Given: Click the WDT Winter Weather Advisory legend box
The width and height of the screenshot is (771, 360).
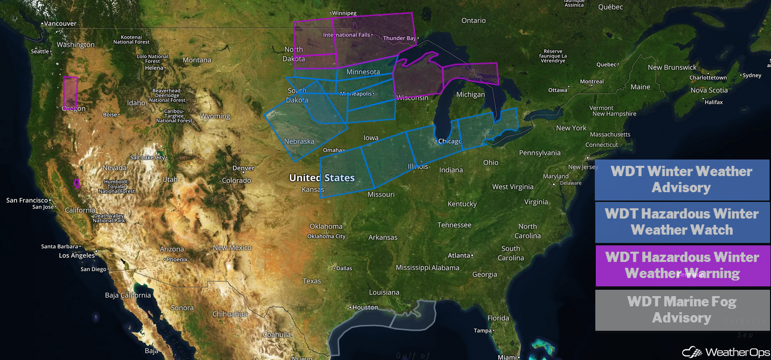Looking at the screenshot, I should (x=682, y=180).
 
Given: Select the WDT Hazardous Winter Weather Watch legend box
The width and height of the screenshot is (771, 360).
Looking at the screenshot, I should (x=682, y=222).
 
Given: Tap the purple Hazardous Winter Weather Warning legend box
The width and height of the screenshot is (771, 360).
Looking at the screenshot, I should (x=682, y=265).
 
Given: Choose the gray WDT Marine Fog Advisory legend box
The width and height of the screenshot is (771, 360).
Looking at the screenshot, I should (x=682, y=310).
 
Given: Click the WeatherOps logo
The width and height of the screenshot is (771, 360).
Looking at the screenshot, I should (x=726, y=352).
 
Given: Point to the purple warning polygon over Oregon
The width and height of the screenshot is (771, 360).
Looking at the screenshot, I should (x=70, y=93).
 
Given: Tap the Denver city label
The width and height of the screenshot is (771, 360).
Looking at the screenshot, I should (x=243, y=168).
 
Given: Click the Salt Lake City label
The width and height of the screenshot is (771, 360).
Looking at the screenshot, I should (x=148, y=158).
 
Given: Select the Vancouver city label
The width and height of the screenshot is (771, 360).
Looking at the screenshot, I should (x=60, y=23).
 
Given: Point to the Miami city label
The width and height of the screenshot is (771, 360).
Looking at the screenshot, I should (x=507, y=357).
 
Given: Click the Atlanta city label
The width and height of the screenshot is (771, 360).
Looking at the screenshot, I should (x=459, y=255).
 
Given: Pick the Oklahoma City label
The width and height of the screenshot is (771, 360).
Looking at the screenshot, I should (x=326, y=236).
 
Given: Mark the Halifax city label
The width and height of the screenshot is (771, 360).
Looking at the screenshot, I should (x=713, y=102).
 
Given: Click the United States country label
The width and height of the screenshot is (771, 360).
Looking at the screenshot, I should (x=322, y=178).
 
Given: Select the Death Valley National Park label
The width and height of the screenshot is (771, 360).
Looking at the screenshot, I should (x=109, y=218).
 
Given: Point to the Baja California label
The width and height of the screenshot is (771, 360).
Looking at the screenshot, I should (x=128, y=295).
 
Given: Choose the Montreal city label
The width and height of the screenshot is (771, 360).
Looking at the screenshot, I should (x=591, y=81).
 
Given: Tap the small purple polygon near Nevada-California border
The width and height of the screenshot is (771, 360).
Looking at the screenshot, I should (x=77, y=183).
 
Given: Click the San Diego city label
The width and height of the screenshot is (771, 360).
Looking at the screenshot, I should (x=93, y=269).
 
